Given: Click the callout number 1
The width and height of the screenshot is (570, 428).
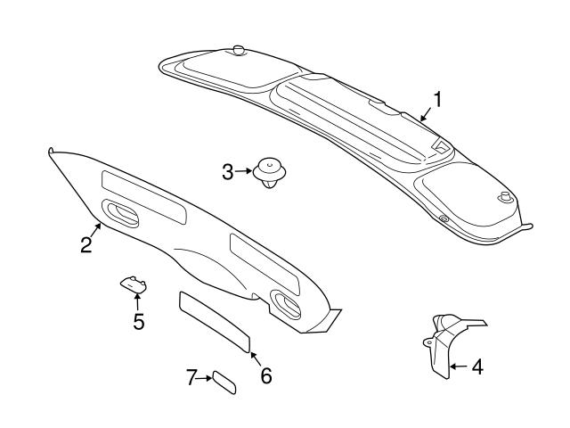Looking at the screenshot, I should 437,99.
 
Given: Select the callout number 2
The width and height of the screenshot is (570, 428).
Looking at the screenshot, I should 86,244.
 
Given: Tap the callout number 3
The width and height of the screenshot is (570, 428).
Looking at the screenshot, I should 228,170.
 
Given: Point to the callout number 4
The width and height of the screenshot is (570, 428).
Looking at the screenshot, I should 476,366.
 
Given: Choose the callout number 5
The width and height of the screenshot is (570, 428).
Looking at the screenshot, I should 138,321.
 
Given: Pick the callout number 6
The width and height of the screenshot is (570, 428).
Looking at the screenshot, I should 265,375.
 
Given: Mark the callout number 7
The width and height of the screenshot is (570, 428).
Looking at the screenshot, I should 191,379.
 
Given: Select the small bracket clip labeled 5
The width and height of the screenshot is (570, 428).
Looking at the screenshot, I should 134,284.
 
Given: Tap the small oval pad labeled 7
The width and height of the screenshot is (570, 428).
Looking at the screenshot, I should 224,383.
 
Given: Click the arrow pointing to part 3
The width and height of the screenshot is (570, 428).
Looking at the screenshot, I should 245,170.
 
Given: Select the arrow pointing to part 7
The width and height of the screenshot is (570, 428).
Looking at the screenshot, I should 203,379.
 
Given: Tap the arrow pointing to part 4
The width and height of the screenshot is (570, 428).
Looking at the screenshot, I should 457,366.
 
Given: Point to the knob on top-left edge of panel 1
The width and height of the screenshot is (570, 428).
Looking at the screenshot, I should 238,51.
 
